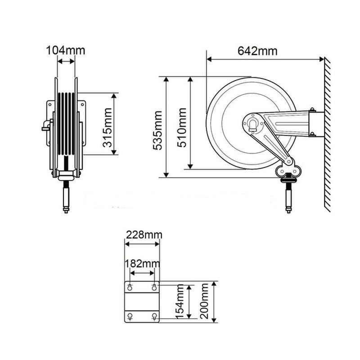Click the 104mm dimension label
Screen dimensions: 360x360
65,50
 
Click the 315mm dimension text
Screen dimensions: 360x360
107,125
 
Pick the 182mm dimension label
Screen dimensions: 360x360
143,263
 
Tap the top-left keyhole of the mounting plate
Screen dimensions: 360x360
130,288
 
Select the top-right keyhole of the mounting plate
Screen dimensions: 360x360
154,288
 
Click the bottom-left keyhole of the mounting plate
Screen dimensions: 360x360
130,316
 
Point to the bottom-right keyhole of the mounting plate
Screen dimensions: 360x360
154,316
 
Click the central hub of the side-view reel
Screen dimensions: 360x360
252,123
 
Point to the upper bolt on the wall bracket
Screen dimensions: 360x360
311,110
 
